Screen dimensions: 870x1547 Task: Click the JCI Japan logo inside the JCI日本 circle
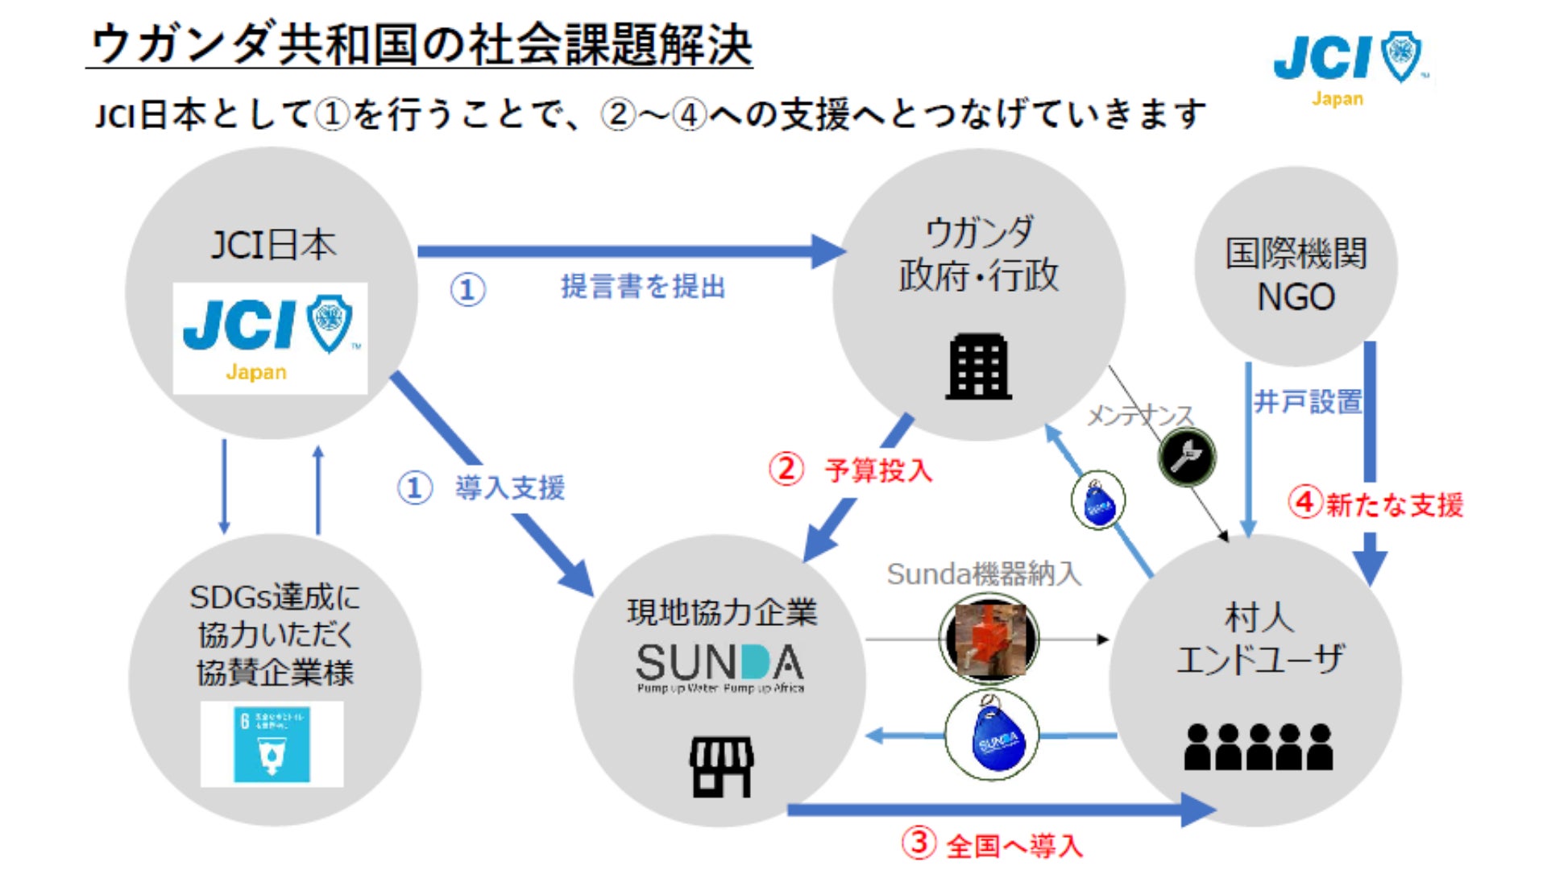point(270,338)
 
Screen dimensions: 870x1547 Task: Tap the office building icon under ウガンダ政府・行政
point(978,367)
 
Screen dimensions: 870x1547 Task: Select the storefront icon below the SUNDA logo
point(721,766)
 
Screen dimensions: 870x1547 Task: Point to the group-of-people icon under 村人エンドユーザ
point(1258,747)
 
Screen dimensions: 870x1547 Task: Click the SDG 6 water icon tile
point(272,744)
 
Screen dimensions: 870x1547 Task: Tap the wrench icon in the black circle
point(1187,458)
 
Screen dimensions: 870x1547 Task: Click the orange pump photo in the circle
point(989,638)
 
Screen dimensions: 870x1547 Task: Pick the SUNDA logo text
point(720,664)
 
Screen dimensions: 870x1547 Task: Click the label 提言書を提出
point(643,287)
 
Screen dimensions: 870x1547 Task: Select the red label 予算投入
point(878,470)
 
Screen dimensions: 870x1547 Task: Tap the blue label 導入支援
point(510,487)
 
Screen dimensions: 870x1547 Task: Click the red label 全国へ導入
point(1014,845)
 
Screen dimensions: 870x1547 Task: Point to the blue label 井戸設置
point(1308,401)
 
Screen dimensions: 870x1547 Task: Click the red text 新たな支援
point(1394,505)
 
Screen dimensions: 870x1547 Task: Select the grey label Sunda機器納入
point(983,574)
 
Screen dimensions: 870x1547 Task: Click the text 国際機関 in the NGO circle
point(1296,253)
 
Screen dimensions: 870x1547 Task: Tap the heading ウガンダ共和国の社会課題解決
point(421,44)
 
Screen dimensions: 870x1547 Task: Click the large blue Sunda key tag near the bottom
point(992,735)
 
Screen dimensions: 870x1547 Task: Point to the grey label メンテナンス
point(1139,415)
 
